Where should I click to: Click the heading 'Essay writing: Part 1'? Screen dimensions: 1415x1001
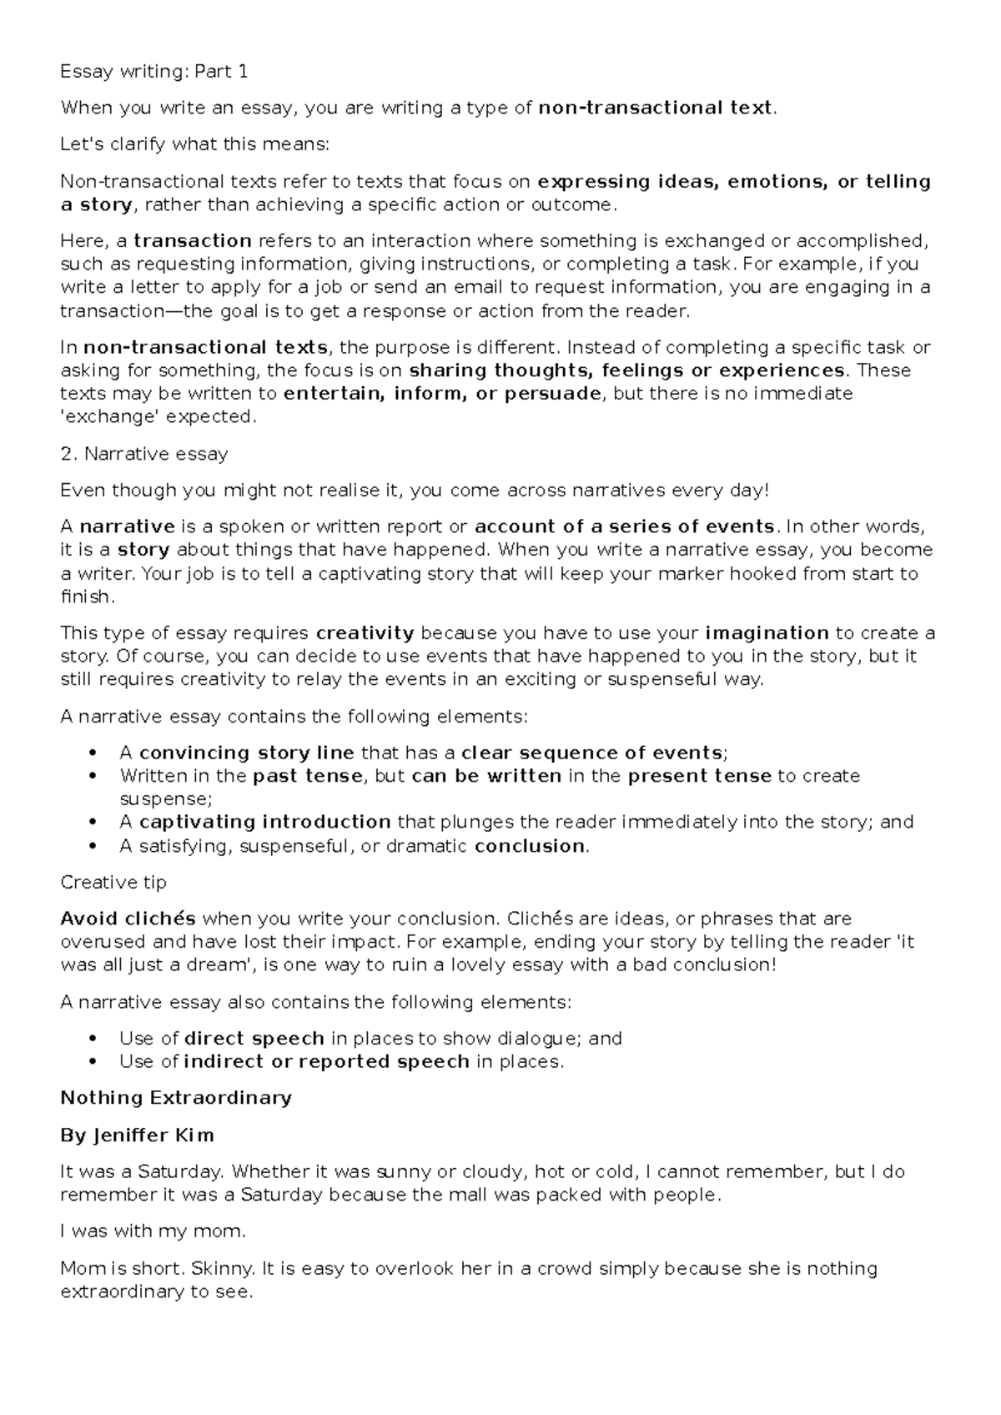point(153,72)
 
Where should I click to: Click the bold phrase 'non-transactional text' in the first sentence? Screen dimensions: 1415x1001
point(656,108)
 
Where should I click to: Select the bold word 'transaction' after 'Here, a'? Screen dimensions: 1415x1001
point(193,241)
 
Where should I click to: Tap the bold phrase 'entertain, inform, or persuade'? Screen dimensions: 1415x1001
point(441,393)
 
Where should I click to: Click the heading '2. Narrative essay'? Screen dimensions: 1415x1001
point(144,454)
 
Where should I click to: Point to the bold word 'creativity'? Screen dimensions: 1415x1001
point(365,633)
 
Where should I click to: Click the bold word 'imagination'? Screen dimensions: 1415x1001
point(767,633)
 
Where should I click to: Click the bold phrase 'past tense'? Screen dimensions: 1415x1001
point(308,776)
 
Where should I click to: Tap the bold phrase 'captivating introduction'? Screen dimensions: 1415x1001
point(264,822)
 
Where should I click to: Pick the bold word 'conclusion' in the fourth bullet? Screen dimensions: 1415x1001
point(530,846)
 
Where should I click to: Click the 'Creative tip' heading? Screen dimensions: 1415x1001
point(113,883)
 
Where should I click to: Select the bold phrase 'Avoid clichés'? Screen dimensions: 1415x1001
point(128,919)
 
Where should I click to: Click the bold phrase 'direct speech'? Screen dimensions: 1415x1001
point(254,1039)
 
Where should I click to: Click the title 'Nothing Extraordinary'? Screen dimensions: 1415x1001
point(176,1098)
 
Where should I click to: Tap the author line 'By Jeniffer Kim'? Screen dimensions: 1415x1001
point(138,1136)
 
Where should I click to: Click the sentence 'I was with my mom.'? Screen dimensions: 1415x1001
point(153,1231)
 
